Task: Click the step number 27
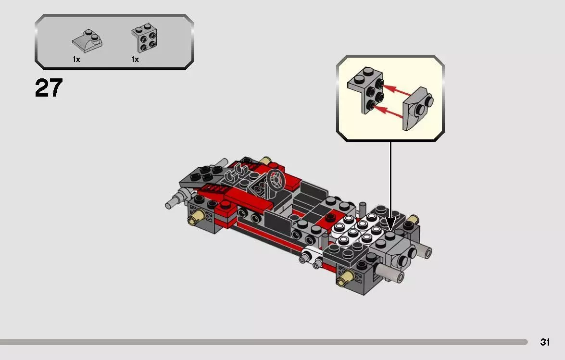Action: coord(49,88)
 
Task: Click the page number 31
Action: coord(545,342)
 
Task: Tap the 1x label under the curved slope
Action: coord(76,60)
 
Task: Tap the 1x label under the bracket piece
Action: coord(135,60)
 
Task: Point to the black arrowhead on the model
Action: coord(390,223)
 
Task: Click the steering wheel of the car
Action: coord(276,182)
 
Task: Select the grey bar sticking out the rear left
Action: coord(174,202)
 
